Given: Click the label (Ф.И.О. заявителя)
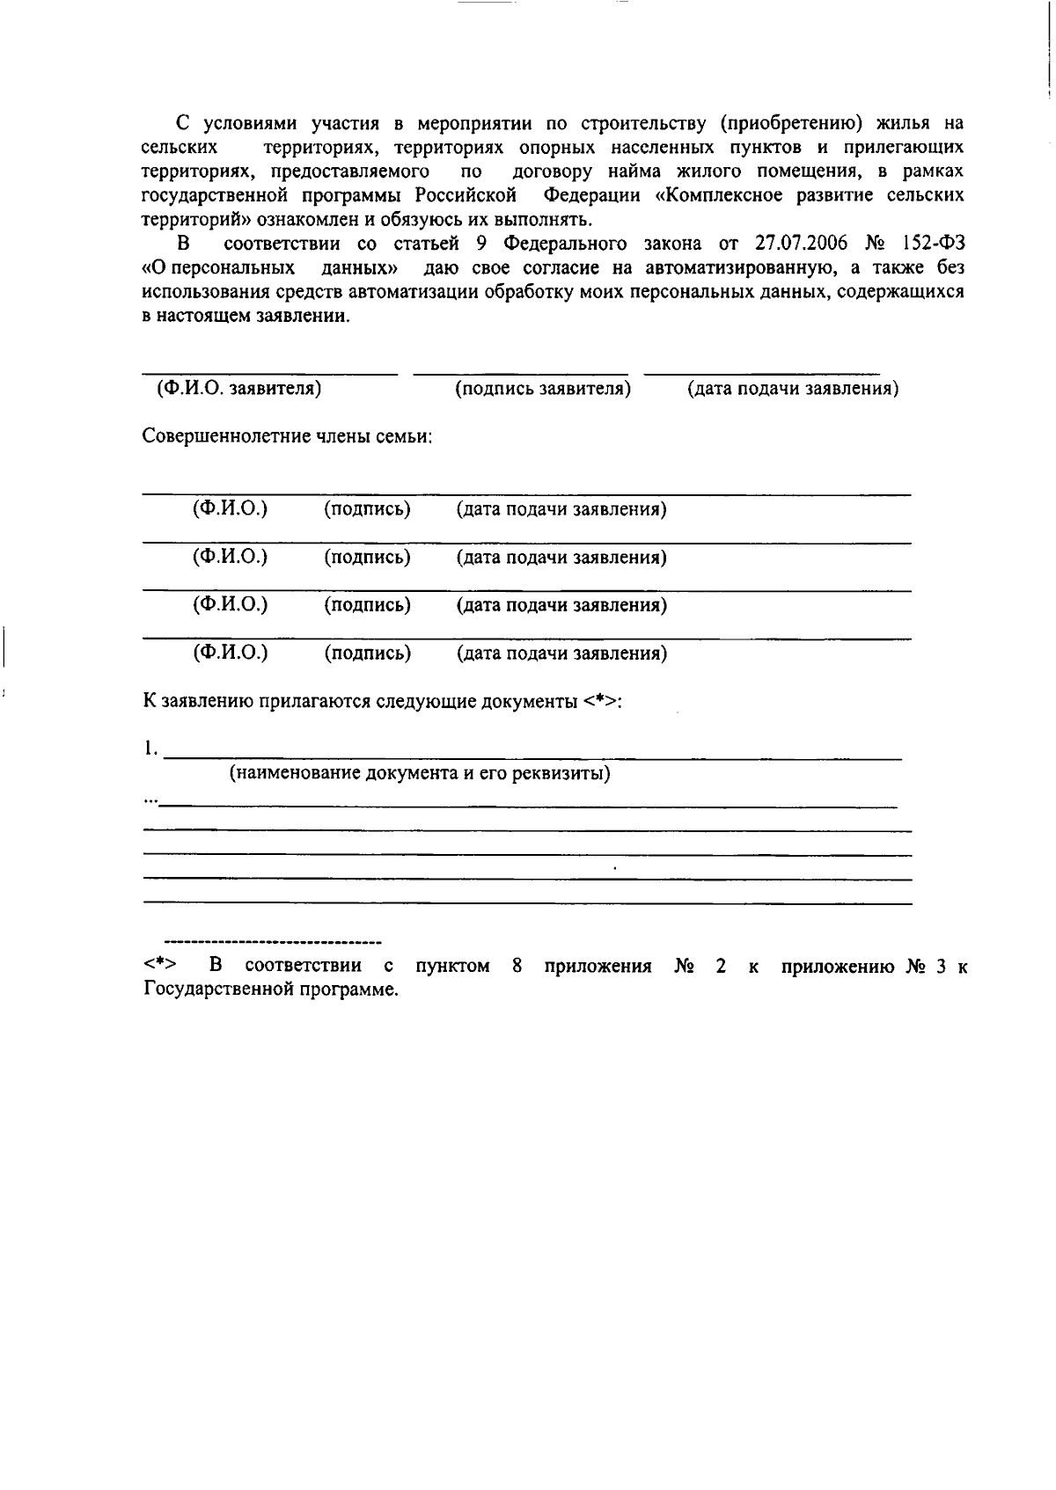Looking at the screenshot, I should (x=238, y=388).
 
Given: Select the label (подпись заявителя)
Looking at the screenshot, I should (x=543, y=388).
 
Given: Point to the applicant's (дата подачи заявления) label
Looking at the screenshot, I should (x=793, y=388).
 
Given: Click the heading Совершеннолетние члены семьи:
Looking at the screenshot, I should (x=288, y=436).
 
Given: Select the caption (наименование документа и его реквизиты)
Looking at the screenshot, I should (x=421, y=773).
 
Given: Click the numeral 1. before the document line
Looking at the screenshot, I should (x=151, y=749).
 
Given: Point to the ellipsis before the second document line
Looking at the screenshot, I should (x=150, y=800).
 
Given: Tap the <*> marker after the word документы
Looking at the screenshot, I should (x=601, y=701).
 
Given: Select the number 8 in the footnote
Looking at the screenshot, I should (x=517, y=966).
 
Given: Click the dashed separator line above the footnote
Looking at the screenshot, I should (x=273, y=941).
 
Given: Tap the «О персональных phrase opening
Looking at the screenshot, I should (x=218, y=267).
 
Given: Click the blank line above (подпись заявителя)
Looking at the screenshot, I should (x=521, y=374).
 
